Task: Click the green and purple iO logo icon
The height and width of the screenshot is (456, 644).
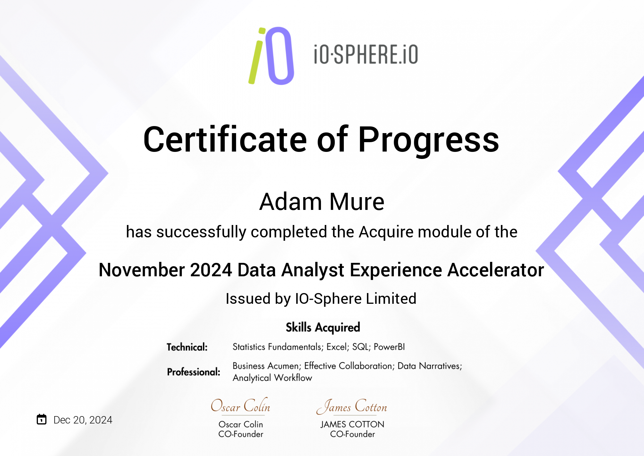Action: (x=271, y=56)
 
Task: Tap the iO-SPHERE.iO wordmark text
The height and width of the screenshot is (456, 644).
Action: (x=366, y=55)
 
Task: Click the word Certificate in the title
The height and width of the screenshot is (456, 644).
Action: (x=225, y=139)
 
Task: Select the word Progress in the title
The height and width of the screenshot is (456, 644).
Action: (x=429, y=141)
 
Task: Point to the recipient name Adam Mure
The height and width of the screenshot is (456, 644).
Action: (x=322, y=202)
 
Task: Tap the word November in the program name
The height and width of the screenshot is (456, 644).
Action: (x=142, y=270)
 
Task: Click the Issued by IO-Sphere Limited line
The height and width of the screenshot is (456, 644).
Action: (x=321, y=298)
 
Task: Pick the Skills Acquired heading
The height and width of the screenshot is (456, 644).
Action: (x=323, y=327)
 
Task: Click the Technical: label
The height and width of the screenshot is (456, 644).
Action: (x=187, y=347)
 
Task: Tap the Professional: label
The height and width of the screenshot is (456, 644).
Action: (x=194, y=372)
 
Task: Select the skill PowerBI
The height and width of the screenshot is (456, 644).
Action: (x=389, y=347)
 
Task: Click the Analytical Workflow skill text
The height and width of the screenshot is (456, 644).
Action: (x=272, y=378)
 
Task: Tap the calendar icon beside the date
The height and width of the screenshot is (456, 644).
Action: (x=42, y=419)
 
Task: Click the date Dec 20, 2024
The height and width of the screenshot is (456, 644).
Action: (x=83, y=420)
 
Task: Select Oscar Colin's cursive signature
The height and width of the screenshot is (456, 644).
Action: (x=240, y=406)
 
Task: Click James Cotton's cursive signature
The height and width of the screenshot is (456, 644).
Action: (x=352, y=406)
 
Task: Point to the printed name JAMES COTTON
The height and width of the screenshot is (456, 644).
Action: (x=352, y=424)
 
